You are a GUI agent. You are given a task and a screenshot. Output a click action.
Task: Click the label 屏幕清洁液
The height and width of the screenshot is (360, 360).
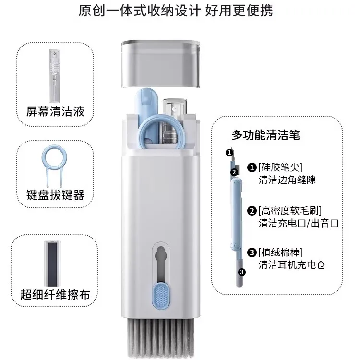point(55,111)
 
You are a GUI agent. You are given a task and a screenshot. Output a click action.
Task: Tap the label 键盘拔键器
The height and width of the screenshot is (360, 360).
point(55,195)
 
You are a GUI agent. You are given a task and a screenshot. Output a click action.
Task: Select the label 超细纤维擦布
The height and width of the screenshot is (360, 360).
point(55,295)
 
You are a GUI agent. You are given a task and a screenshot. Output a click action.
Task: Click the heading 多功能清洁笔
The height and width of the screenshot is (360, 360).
point(265,135)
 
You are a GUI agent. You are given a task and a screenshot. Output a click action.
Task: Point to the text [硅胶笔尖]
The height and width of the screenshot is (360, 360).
point(280,168)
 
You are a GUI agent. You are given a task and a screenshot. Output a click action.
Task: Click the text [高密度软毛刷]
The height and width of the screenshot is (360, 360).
point(290,210)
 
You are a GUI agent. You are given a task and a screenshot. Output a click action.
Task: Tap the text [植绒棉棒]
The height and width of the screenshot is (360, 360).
point(280,252)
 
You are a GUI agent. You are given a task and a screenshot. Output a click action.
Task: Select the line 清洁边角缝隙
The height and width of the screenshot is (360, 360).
point(287,180)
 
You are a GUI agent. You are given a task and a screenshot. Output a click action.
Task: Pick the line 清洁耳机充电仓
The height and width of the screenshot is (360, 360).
point(292,264)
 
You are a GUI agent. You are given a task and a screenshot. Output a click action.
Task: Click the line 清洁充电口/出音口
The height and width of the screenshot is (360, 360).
point(299,223)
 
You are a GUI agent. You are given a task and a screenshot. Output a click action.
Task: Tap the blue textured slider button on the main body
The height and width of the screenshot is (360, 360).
point(161,296)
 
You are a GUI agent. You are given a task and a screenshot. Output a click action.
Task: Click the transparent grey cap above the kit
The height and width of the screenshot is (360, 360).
point(161,64)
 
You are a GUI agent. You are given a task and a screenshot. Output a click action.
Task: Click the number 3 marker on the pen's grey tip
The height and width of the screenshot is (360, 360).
point(242,272)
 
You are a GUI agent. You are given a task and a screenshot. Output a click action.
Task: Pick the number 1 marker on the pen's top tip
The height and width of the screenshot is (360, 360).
point(229,153)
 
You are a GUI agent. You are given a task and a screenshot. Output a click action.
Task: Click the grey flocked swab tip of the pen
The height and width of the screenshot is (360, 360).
point(239,274)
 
